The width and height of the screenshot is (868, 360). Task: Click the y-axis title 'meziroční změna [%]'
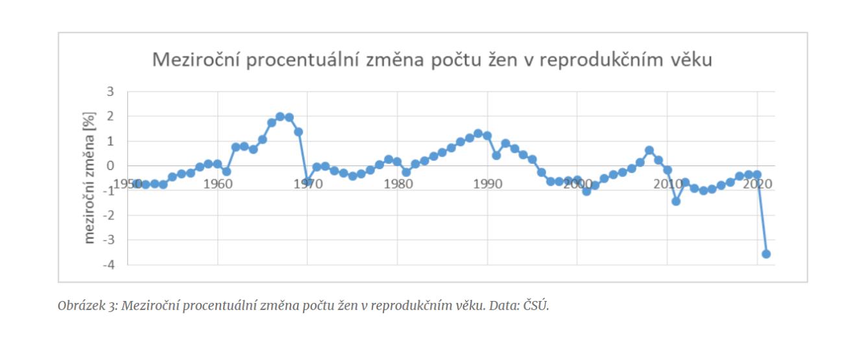pyautogui.click(x=90, y=177)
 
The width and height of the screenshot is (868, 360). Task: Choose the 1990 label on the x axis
pyautogui.click(x=488, y=184)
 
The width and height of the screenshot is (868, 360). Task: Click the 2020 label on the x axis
pyautogui.click(x=757, y=184)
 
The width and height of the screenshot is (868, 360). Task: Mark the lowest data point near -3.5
pyautogui.click(x=766, y=254)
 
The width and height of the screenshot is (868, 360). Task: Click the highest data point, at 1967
pyautogui.click(x=280, y=117)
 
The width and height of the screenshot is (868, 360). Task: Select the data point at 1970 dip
pyautogui.click(x=307, y=182)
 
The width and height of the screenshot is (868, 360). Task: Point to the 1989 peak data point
pyautogui.click(x=478, y=134)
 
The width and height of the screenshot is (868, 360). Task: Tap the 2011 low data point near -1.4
pyautogui.click(x=676, y=201)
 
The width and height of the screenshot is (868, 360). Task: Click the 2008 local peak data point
pyautogui.click(x=649, y=150)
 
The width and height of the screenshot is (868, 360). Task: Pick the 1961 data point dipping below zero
pyautogui.click(x=226, y=171)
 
